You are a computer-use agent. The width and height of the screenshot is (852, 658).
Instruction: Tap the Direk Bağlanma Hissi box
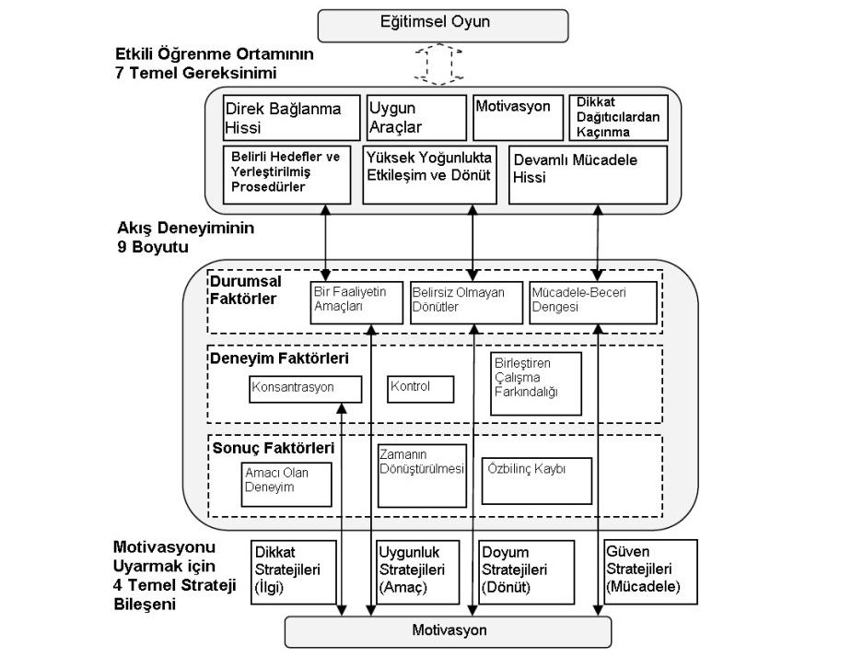point(291,117)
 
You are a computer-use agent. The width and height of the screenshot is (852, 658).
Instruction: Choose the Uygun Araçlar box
point(416,117)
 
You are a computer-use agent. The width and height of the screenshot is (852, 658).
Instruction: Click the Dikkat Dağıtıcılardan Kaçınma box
point(617,117)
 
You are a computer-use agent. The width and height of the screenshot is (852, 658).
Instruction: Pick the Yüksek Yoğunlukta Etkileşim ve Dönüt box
point(430,172)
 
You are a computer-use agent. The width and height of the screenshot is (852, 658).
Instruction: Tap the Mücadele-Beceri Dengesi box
point(592,301)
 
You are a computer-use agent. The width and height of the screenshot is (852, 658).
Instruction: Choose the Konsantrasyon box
point(305,388)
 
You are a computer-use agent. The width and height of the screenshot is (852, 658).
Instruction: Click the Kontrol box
point(421,388)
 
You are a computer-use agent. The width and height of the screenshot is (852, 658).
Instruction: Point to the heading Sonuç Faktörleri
point(272,449)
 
